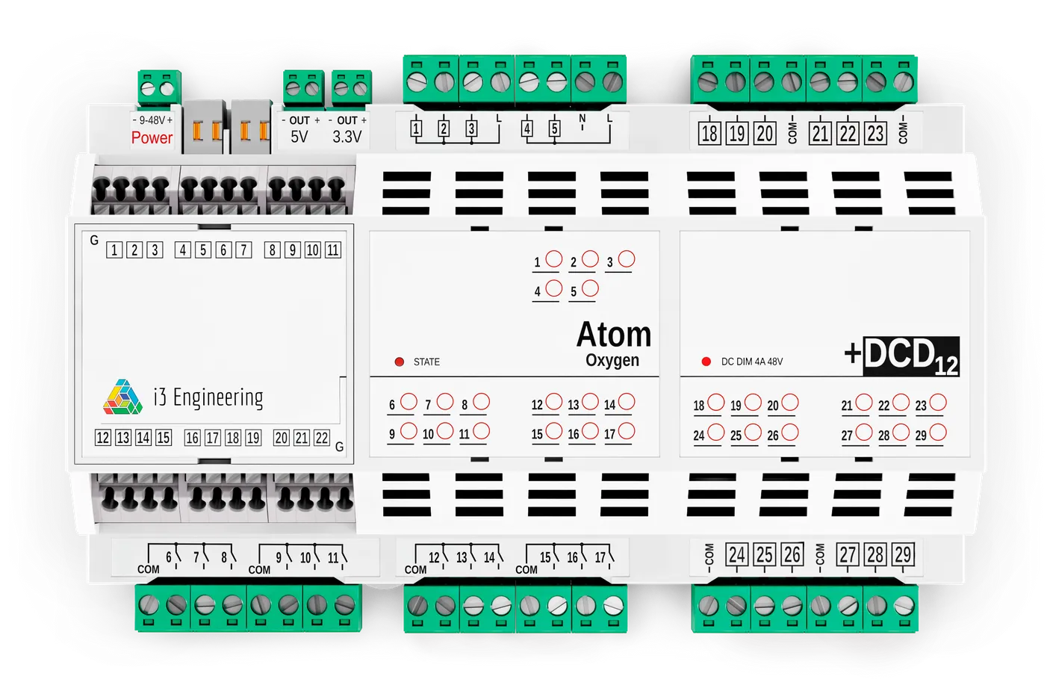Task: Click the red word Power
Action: (152, 138)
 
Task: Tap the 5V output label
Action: (299, 137)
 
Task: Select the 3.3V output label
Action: (347, 137)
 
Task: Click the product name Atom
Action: (613, 335)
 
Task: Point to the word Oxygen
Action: (612, 360)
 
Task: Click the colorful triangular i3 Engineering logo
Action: (122, 397)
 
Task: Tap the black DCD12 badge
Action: (910, 356)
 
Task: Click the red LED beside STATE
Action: (400, 362)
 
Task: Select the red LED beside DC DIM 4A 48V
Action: (706, 362)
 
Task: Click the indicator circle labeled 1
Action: (553, 258)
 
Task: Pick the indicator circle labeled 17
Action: (627, 431)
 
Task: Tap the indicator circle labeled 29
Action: (938, 432)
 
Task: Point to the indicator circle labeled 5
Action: (590, 288)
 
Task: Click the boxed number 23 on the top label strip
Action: (875, 134)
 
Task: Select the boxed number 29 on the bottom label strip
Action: (903, 555)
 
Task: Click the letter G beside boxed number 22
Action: (339, 447)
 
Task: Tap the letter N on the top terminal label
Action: (583, 119)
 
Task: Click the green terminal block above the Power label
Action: (158, 87)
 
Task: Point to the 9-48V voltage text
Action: (152, 120)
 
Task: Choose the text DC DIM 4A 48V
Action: (752, 362)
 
